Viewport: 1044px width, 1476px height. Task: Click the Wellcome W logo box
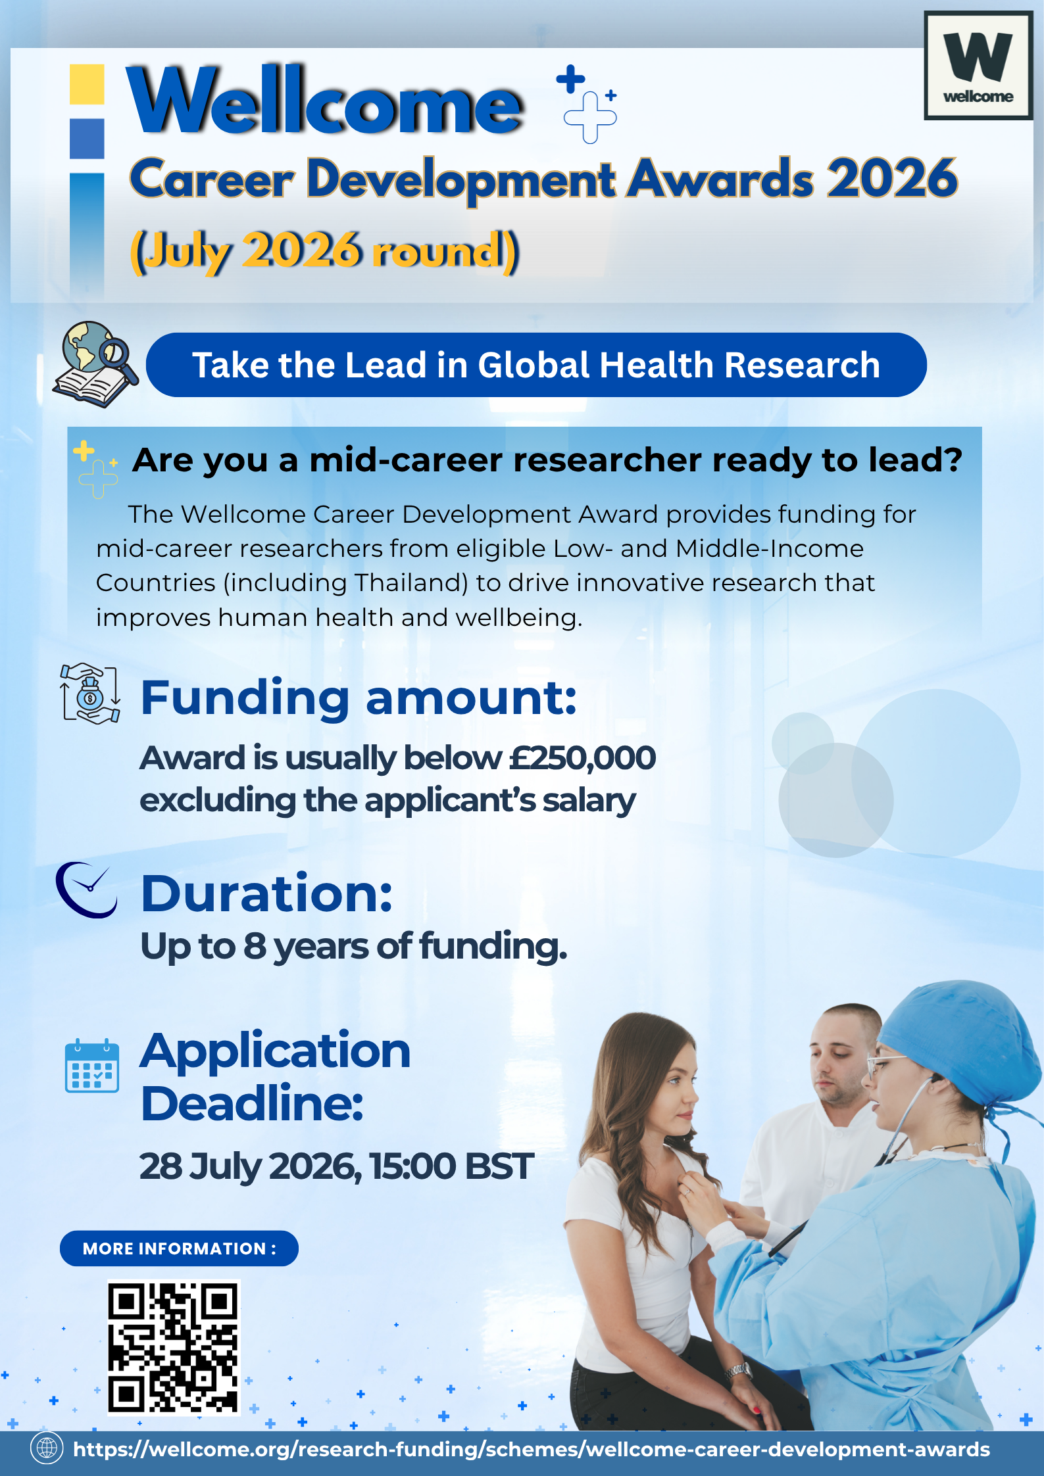(978, 65)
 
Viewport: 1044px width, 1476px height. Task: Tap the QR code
(174, 1346)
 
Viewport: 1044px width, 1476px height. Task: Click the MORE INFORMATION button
(179, 1249)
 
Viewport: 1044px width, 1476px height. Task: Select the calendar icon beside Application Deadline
(92, 1066)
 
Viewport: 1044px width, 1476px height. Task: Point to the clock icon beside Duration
(86, 890)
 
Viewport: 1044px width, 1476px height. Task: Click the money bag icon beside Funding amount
(90, 694)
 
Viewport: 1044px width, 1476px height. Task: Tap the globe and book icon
(95, 364)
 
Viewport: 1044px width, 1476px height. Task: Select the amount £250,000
(582, 758)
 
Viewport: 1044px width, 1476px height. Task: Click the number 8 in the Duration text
(255, 946)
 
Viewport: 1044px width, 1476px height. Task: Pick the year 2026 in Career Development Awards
(892, 178)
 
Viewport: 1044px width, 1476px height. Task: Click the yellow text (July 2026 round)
(325, 251)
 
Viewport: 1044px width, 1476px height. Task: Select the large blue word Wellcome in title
(325, 100)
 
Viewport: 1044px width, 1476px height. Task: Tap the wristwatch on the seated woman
(738, 1371)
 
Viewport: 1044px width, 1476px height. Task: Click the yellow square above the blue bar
(87, 84)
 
